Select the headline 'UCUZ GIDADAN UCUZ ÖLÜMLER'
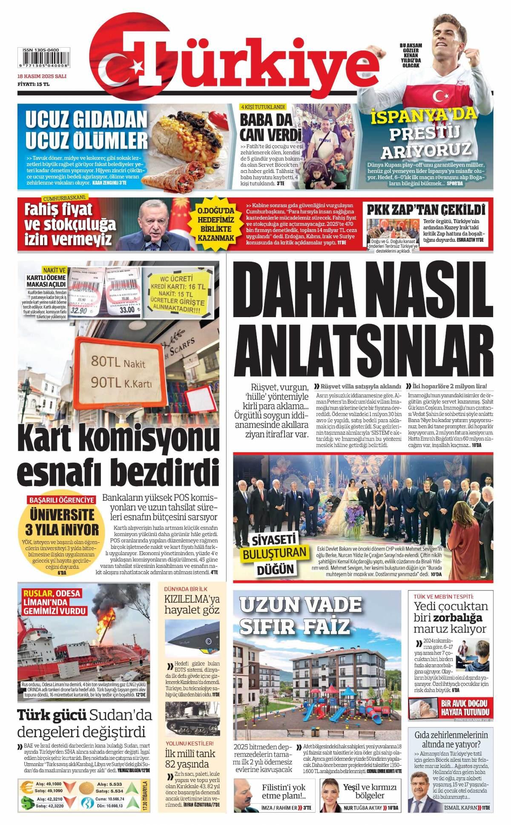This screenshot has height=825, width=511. tap(87, 129)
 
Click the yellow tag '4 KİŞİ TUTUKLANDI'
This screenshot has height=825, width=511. tap(263, 107)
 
